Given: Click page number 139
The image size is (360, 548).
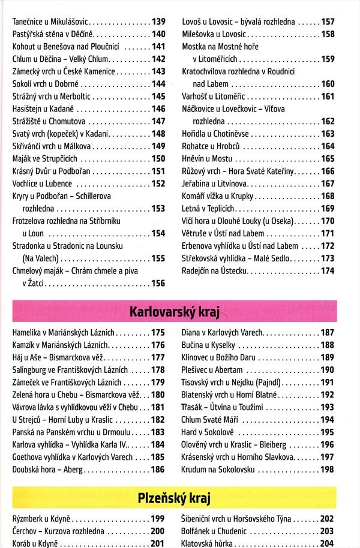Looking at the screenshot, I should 158,22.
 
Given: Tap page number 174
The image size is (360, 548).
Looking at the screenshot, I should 328,271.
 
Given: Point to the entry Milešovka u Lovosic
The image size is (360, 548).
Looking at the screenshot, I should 216,34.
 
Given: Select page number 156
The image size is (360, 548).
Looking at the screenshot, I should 158,284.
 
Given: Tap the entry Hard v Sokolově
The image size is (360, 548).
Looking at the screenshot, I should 208,432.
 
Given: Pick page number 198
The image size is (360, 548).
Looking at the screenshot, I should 328,469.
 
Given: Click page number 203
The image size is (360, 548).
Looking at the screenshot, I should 328,531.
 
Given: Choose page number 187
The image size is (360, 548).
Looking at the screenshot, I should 328,332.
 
